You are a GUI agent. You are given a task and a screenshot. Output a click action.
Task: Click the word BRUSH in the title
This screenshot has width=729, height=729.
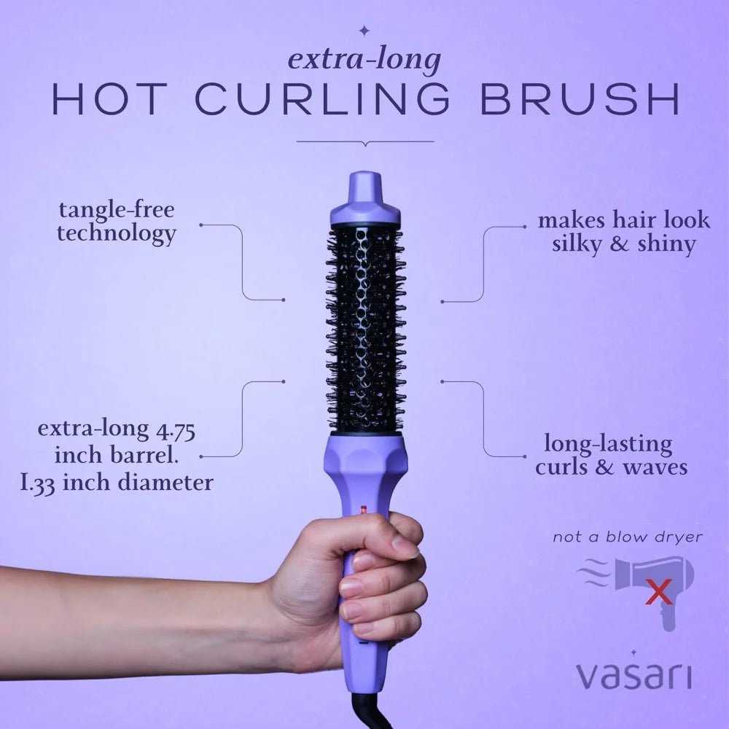pyautogui.click(x=580, y=99)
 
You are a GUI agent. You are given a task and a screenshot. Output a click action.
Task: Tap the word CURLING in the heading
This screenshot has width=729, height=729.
pyautogui.click(x=322, y=99)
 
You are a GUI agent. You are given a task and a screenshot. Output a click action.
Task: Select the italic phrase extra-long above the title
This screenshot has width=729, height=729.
pyautogui.click(x=364, y=61)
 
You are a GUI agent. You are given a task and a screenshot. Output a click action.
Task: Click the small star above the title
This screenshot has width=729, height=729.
pyautogui.click(x=365, y=31)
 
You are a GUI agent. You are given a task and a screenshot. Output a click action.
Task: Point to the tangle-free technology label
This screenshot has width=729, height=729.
pyautogui.click(x=117, y=222)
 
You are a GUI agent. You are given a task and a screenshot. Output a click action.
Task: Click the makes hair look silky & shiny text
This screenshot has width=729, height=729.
pyautogui.click(x=624, y=233)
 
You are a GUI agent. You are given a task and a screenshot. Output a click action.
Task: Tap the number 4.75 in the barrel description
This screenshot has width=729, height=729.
pyautogui.click(x=176, y=430)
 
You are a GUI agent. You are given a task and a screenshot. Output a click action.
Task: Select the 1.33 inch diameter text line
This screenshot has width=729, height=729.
pyautogui.click(x=117, y=483)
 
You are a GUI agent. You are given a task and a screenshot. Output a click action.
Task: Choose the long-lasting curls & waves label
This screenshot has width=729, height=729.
pyautogui.click(x=611, y=456)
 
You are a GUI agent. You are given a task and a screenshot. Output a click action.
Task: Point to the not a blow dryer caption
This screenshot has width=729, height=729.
pyautogui.click(x=628, y=537)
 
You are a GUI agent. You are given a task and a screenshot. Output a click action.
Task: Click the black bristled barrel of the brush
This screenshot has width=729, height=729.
pyautogui.click(x=366, y=330)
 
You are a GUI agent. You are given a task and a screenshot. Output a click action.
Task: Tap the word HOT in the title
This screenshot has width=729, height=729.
pyautogui.click(x=109, y=99)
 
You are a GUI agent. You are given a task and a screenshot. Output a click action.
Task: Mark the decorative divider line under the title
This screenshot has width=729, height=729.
pyautogui.click(x=365, y=142)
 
